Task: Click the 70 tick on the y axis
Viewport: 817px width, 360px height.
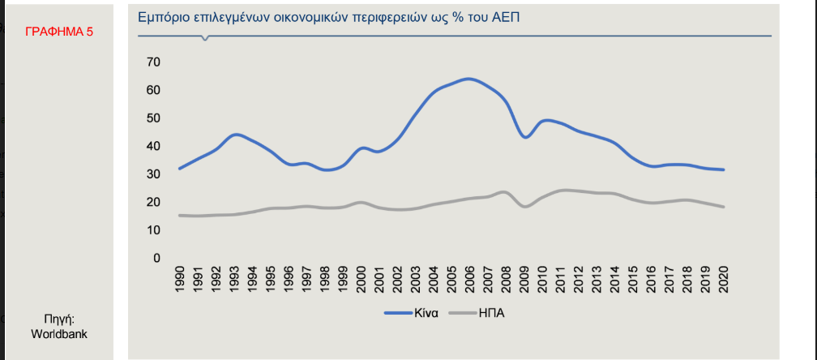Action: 153,62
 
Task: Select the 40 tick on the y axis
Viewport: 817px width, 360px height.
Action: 153,146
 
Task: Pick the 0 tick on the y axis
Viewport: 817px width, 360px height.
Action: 156,258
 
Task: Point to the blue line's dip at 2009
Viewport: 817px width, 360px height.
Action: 525,138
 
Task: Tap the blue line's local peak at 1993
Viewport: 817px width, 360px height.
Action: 234,135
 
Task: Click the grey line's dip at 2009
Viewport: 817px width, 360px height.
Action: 525,207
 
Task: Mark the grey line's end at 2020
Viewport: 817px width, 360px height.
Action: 723,207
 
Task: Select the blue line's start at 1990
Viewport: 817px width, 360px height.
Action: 179,169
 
